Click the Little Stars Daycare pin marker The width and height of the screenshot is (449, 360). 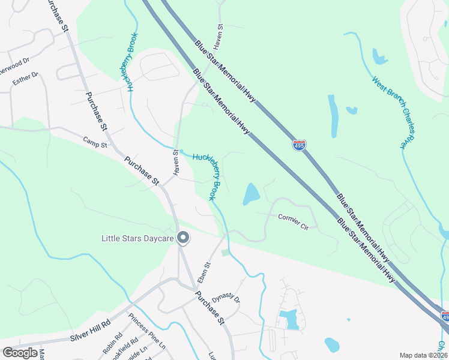(184, 239)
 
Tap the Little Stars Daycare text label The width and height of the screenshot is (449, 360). (137, 239)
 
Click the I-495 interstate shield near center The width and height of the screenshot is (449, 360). (299, 145)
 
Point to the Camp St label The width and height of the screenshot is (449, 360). (95, 144)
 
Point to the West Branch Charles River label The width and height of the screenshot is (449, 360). (393, 112)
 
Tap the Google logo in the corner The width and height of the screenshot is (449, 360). (20, 353)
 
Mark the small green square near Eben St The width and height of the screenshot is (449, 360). (225, 253)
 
